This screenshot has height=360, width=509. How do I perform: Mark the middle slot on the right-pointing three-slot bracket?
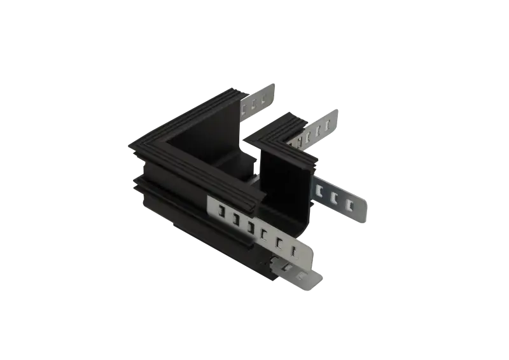pos(333,198)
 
